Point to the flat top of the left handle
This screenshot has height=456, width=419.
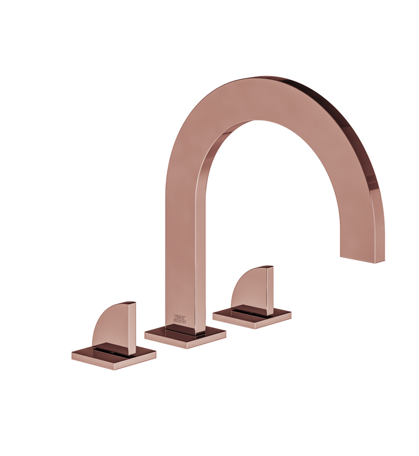coord(129,303)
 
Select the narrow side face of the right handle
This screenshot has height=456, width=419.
coord(270,291)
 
